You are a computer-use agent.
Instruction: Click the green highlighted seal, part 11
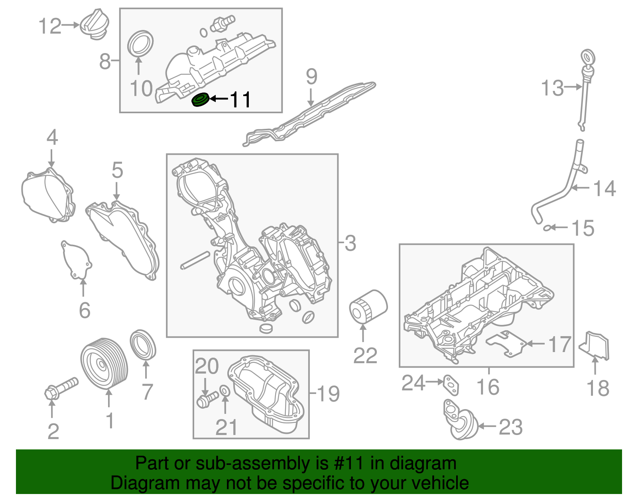point(200,100)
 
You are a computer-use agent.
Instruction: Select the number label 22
point(365,356)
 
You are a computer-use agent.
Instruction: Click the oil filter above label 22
point(368,307)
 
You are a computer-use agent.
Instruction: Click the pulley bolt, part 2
point(61,388)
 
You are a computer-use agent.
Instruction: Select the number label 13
point(552,88)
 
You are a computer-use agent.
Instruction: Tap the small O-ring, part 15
point(549,228)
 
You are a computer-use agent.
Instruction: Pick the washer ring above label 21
point(225,392)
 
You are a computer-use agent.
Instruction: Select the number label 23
point(511,427)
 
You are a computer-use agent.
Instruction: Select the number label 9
point(311,77)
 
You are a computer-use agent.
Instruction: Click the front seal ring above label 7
point(143,344)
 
